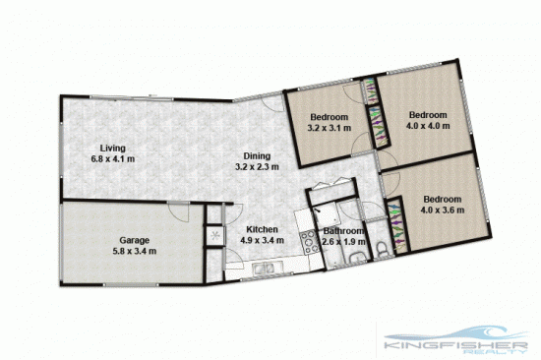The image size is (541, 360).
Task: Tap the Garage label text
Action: [x=134, y=239]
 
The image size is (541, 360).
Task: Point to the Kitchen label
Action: [x=262, y=228]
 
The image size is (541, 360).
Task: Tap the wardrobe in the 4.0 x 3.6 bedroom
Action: [x=395, y=224]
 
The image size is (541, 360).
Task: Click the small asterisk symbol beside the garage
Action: [x=212, y=235]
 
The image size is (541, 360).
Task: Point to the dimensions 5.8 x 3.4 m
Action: [x=134, y=251]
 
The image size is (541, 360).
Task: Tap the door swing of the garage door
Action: [x=178, y=212]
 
